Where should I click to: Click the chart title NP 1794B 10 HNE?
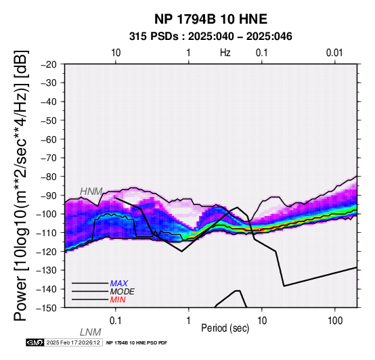211,19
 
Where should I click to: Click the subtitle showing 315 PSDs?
211,37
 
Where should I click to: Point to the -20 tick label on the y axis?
49,64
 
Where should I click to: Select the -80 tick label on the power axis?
49,177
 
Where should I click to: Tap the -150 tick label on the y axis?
47,308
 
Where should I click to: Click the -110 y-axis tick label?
47,233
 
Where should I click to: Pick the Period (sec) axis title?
225,328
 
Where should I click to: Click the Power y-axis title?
21,185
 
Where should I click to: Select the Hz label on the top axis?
225,53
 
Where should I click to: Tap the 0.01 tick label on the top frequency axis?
334,53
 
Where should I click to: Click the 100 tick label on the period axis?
335,321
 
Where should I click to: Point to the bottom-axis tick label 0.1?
116,321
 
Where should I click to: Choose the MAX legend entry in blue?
119,284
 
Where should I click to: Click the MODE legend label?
123,292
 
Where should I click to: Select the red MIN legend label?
118,300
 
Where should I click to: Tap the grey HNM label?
91,192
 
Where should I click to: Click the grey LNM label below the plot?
91,332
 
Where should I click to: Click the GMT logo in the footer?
35,342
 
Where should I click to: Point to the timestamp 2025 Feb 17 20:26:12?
73,342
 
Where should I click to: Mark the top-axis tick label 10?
116,53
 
